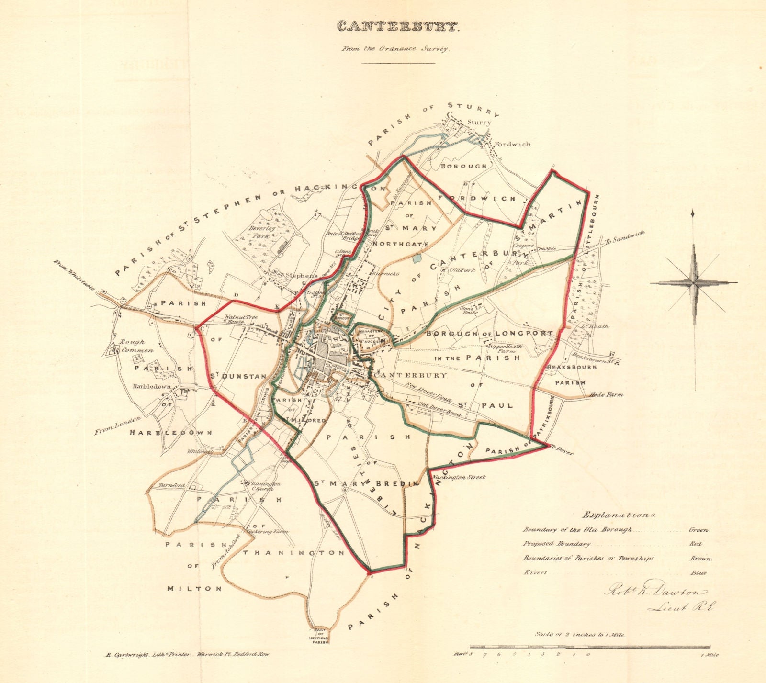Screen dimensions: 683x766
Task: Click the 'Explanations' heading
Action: click(x=619, y=515)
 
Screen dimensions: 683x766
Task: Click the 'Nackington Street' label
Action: click(x=458, y=477)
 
